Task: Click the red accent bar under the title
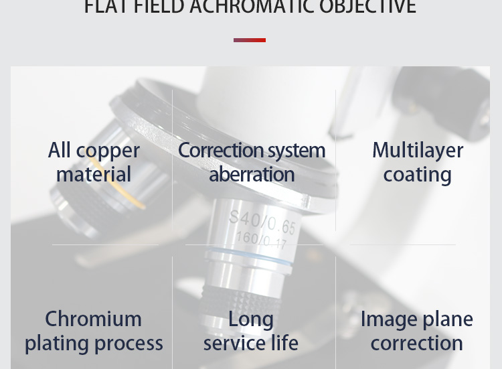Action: coord(250,40)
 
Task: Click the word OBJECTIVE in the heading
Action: coord(367,7)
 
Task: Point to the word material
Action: coord(94,174)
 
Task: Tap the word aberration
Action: coord(252,174)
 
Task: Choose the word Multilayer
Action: coord(418,151)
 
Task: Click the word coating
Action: coord(417,175)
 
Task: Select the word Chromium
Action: coord(93,319)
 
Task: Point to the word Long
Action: coord(251,319)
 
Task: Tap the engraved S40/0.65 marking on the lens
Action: coord(262,221)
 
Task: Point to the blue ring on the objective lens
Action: coord(249,258)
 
